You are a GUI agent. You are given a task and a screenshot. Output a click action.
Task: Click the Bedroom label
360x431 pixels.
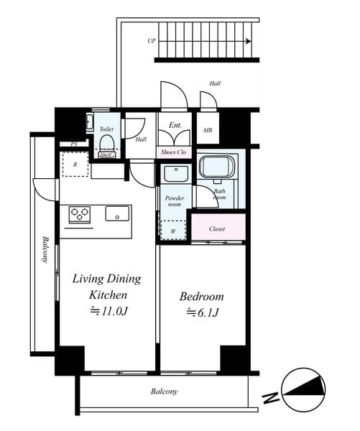[202, 297]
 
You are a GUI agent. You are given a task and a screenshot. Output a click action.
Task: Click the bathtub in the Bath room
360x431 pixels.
[217, 167]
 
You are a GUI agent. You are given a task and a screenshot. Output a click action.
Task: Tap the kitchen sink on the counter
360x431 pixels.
[117, 213]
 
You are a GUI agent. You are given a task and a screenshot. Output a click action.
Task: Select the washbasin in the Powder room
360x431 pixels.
[176, 173]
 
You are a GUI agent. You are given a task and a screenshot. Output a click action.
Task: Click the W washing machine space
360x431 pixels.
[173, 230]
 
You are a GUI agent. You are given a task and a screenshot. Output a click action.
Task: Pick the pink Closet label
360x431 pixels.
[217, 228]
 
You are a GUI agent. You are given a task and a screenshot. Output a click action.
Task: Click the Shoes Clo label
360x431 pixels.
[174, 152]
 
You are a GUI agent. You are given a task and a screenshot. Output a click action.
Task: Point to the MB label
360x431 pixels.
[208, 130]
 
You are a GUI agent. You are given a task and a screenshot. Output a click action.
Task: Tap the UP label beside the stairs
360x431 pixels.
[152, 41]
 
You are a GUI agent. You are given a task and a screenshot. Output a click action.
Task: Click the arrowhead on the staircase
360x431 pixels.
[249, 42]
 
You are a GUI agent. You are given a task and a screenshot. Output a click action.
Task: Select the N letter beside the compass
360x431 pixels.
[271, 399]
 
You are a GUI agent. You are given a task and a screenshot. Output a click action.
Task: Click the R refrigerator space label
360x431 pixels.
[75, 164]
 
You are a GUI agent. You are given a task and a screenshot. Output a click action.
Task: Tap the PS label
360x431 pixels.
[74, 144]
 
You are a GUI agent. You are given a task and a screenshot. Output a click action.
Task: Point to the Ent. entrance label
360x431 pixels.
[175, 125]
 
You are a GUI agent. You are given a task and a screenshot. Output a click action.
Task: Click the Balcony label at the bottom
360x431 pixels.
[164, 391]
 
